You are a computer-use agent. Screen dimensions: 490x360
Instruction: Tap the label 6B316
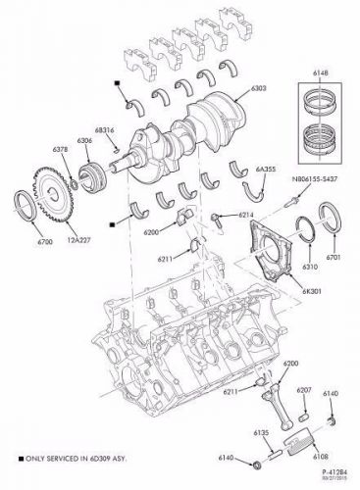104,131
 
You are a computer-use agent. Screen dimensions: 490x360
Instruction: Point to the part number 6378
60,148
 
